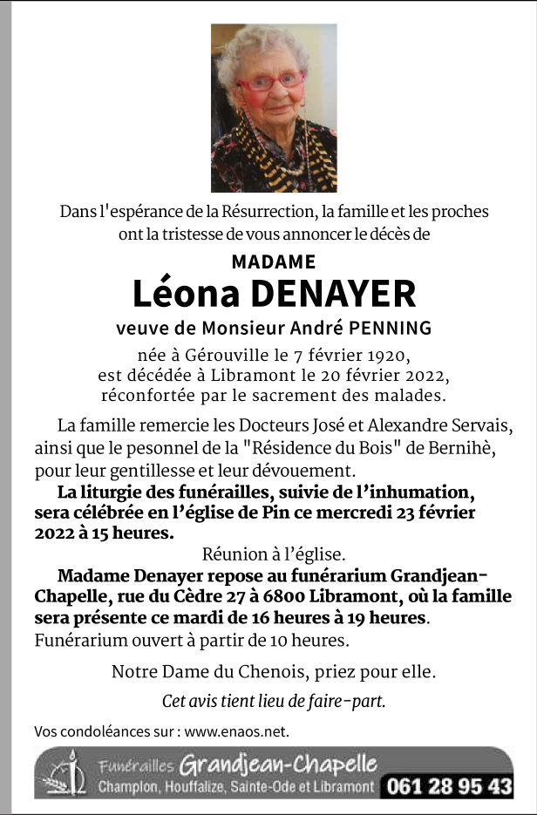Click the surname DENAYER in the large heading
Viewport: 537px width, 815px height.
[x=333, y=294]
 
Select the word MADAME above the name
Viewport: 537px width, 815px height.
[x=274, y=261]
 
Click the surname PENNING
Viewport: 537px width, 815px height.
[x=390, y=329]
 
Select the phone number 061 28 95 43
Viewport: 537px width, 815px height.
[x=449, y=786]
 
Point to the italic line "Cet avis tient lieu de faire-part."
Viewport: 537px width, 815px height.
[x=274, y=701]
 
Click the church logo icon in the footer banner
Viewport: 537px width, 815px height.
[x=64, y=773]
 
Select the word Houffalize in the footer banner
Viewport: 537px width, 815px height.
[x=196, y=787]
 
